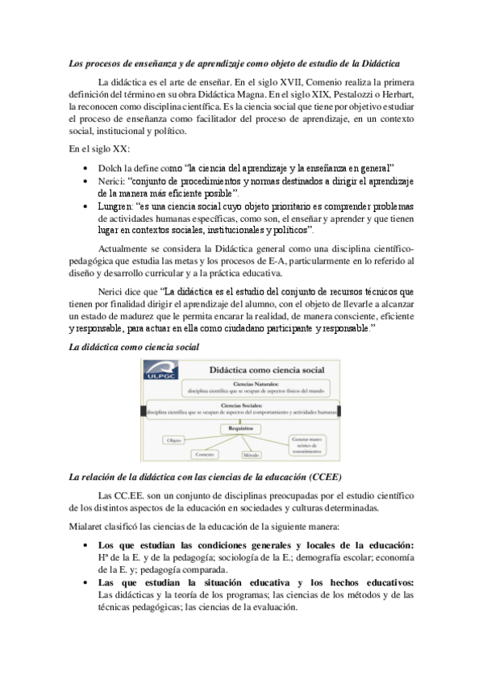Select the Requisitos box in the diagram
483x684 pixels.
(x=240, y=427)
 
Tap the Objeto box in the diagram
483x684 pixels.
(x=173, y=440)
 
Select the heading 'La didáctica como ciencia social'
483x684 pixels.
(x=133, y=346)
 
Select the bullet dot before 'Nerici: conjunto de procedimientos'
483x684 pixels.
(x=86, y=181)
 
